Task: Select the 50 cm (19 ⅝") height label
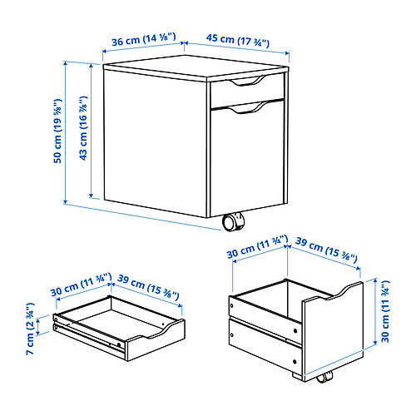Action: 56,133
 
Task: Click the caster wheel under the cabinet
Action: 233,222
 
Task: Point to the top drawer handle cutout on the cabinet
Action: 246,82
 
